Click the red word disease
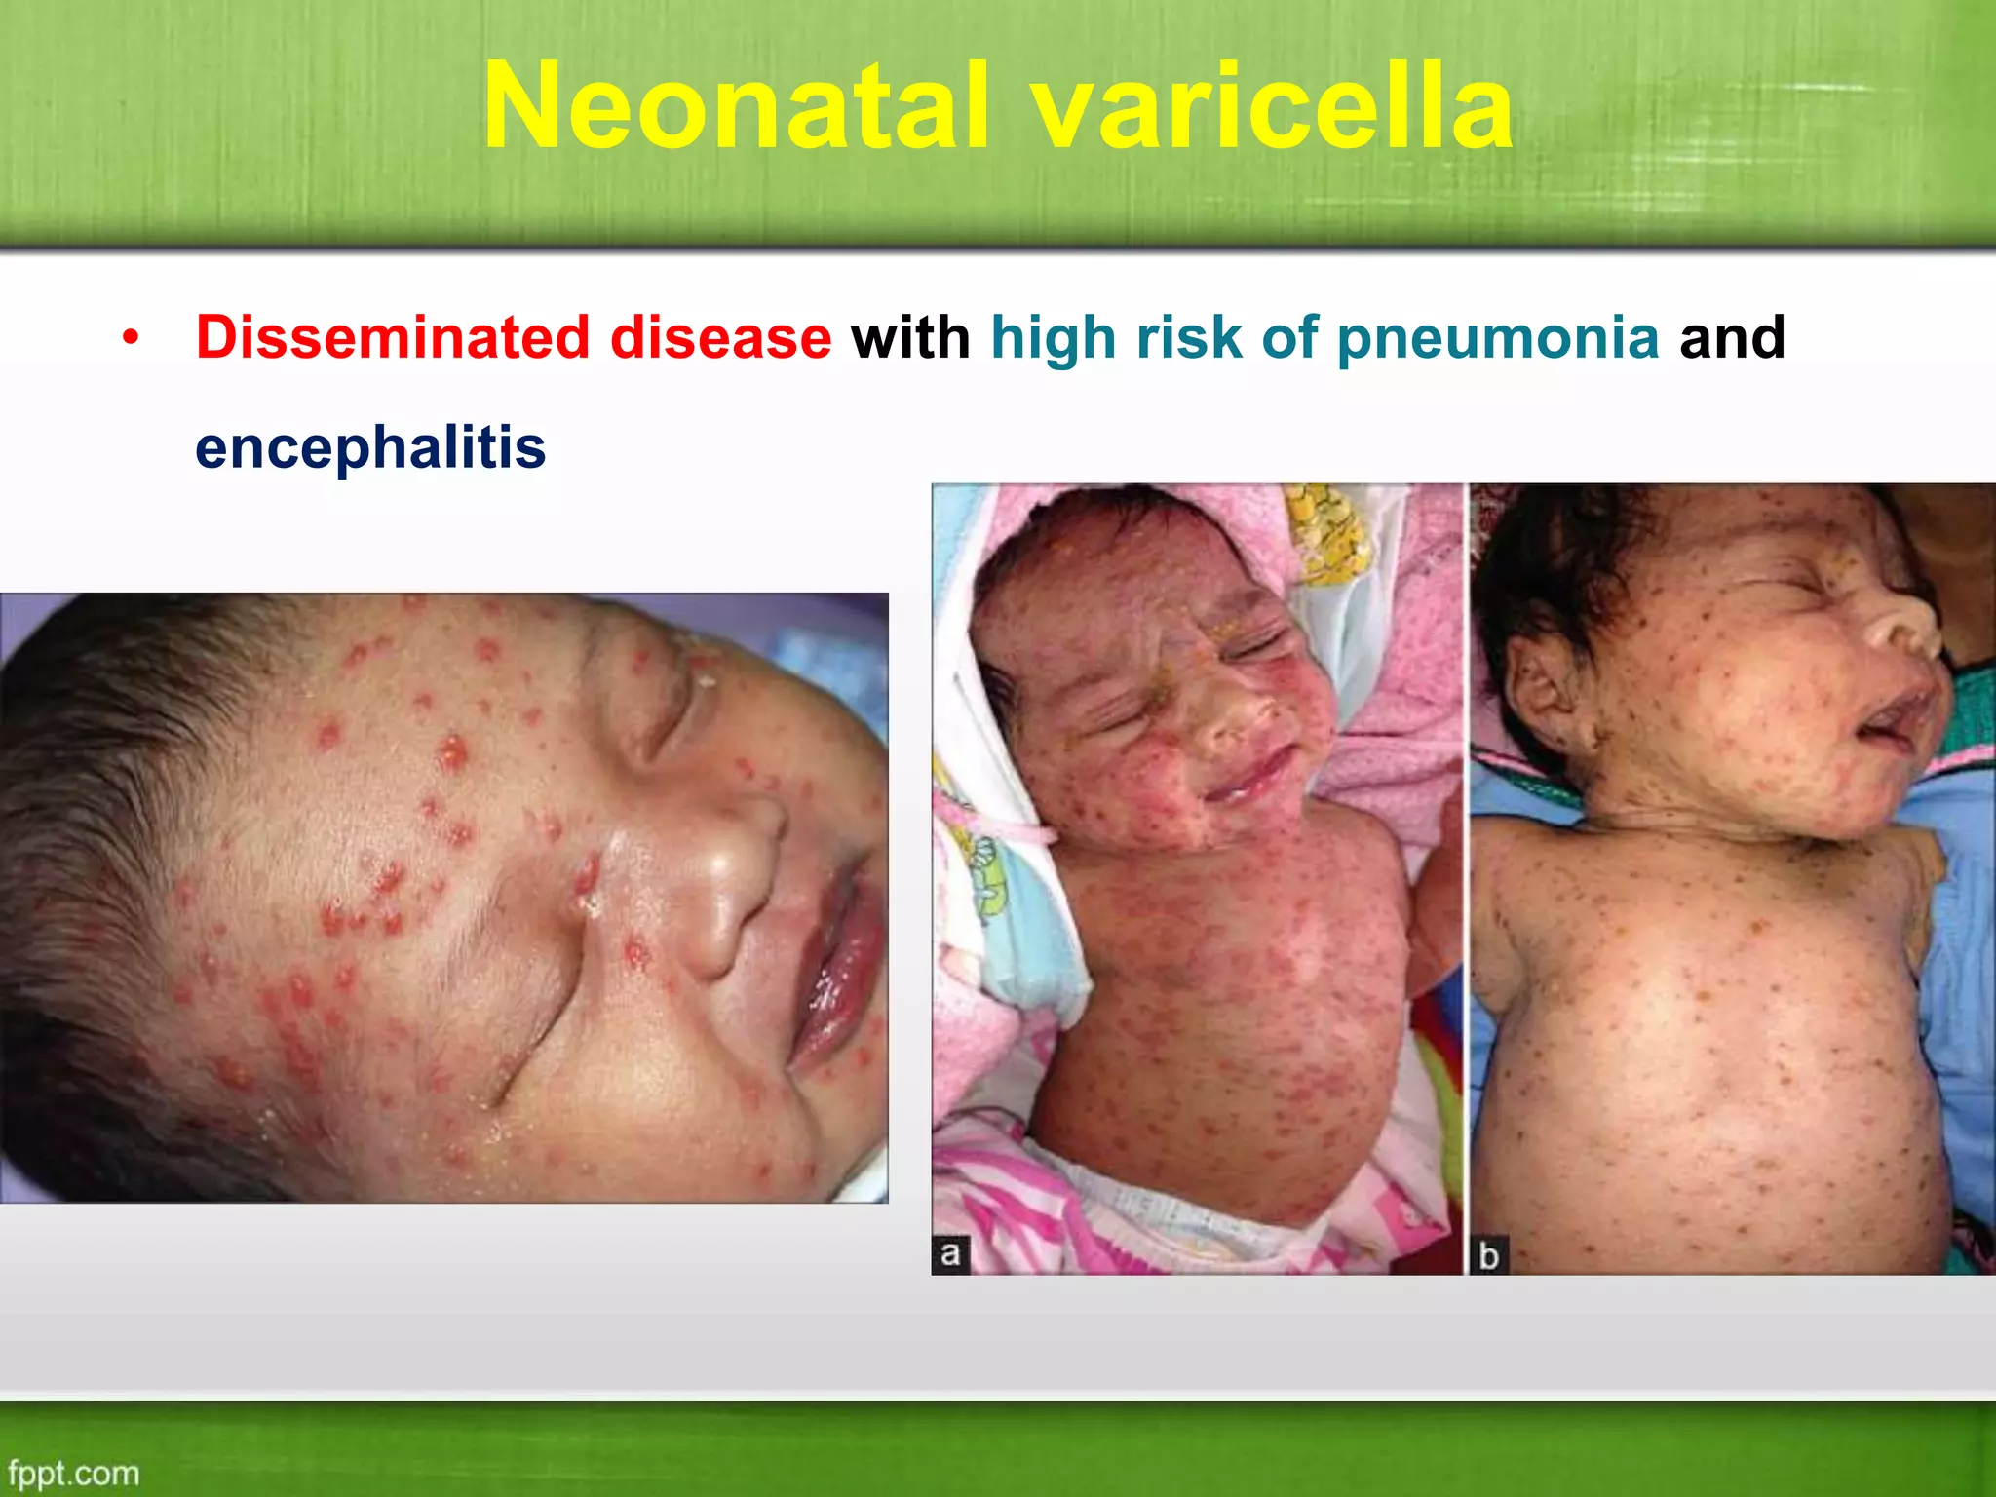pyautogui.click(x=720, y=337)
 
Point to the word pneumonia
pyautogui.click(x=1498, y=339)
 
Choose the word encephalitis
pyautogui.click(x=370, y=447)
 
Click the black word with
pyautogui.click(x=910, y=337)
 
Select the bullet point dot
pyautogui.click(x=132, y=339)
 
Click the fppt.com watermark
pyautogui.click(x=73, y=1473)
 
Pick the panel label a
pyautogui.click(x=950, y=1253)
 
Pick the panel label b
pyautogui.click(x=1488, y=1255)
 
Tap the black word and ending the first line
pyautogui.click(x=1732, y=337)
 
